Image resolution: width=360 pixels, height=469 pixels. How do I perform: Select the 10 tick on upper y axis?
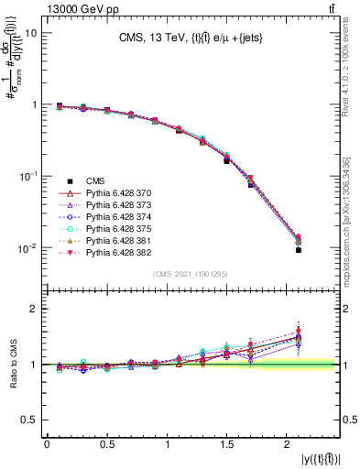31,33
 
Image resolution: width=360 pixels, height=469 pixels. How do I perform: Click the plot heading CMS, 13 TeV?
191,38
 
